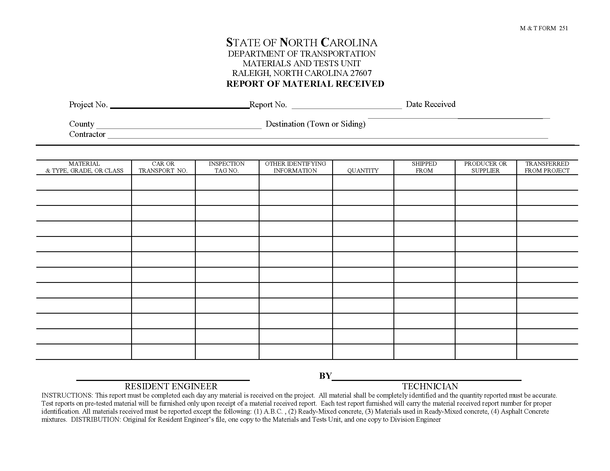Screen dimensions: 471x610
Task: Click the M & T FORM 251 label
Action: point(543,28)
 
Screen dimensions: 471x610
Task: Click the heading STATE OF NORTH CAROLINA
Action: point(302,43)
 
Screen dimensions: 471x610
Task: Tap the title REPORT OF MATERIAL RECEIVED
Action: point(305,84)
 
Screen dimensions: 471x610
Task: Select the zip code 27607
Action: point(361,73)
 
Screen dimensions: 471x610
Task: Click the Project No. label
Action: point(88,104)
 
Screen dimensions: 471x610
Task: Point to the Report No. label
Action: point(268,104)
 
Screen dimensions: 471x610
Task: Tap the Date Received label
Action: point(430,104)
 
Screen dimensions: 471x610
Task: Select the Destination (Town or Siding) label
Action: point(315,124)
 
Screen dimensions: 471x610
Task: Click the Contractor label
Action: point(87,134)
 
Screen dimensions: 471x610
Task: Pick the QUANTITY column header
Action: point(363,170)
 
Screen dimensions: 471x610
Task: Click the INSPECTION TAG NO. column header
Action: point(227,167)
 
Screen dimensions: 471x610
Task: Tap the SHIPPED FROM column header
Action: point(424,167)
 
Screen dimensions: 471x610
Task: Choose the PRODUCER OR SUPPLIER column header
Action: point(486,167)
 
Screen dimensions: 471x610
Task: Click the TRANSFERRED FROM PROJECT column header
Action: point(547,167)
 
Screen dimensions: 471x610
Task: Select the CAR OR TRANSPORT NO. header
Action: point(163,167)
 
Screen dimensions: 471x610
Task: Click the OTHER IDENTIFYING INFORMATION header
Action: point(296,167)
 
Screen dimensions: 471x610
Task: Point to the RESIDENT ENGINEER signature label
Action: point(171,386)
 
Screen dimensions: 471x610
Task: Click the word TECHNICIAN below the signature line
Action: point(430,386)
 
